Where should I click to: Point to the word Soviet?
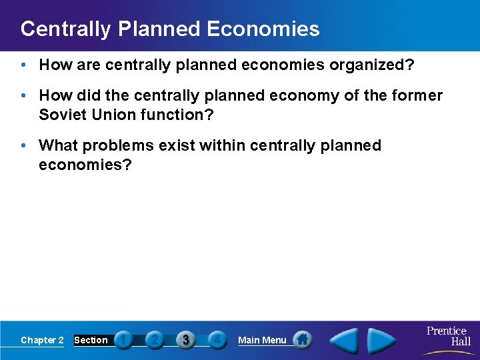62,115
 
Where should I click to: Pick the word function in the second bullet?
175,115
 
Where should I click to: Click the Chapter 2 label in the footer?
42,340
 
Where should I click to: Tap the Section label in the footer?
91,340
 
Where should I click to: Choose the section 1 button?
123,340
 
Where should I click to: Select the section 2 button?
154,340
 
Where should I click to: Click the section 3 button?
186,340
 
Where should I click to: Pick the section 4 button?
217,340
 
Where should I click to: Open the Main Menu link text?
262,340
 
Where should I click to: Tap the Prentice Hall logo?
448,336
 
